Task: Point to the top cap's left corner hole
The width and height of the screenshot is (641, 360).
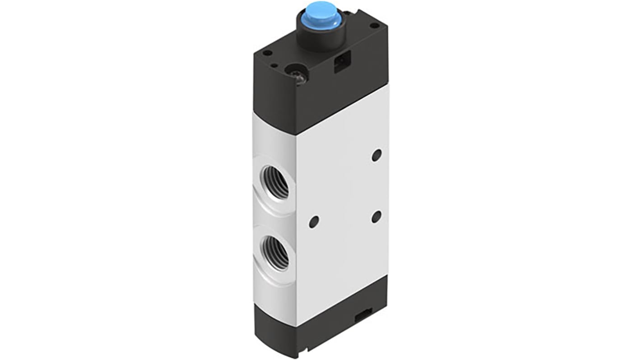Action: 267,53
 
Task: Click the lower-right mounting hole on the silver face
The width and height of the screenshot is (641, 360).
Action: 376,217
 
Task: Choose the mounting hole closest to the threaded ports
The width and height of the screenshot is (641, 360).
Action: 314,222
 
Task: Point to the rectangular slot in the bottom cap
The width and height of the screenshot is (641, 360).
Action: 363,315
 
